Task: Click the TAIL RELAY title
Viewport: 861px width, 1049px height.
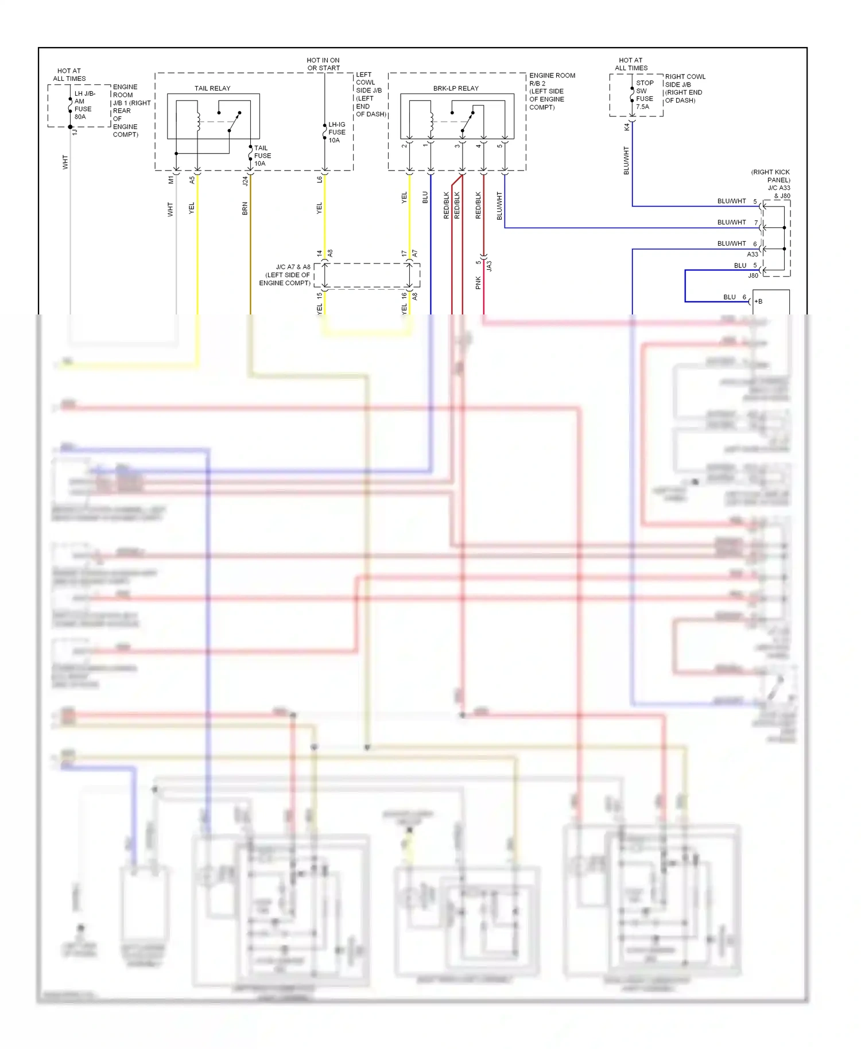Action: point(212,88)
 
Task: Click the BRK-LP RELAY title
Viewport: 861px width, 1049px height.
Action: point(456,88)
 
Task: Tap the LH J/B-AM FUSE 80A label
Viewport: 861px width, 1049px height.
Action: point(84,105)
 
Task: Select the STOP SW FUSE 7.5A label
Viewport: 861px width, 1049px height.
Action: point(645,95)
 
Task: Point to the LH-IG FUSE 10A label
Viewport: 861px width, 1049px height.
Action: point(337,133)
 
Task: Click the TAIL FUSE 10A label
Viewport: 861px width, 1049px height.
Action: point(262,156)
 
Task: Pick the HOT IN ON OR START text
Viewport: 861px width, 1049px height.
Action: point(323,64)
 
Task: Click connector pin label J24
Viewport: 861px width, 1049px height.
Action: point(245,181)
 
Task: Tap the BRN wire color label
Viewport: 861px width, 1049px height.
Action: point(245,208)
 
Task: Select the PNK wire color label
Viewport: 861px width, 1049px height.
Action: point(478,282)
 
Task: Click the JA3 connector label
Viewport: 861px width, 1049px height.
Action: point(490,266)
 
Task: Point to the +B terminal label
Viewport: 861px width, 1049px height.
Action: point(759,301)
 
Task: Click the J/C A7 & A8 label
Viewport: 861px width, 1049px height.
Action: point(285,275)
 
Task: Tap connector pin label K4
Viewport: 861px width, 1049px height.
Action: point(627,127)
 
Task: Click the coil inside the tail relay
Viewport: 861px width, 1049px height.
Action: point(198,121)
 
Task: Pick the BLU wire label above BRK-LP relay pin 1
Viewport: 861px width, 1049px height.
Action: point(425,197)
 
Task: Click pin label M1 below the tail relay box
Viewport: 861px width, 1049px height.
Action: point(170,180)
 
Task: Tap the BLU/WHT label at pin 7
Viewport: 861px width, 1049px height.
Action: point(731,222)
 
